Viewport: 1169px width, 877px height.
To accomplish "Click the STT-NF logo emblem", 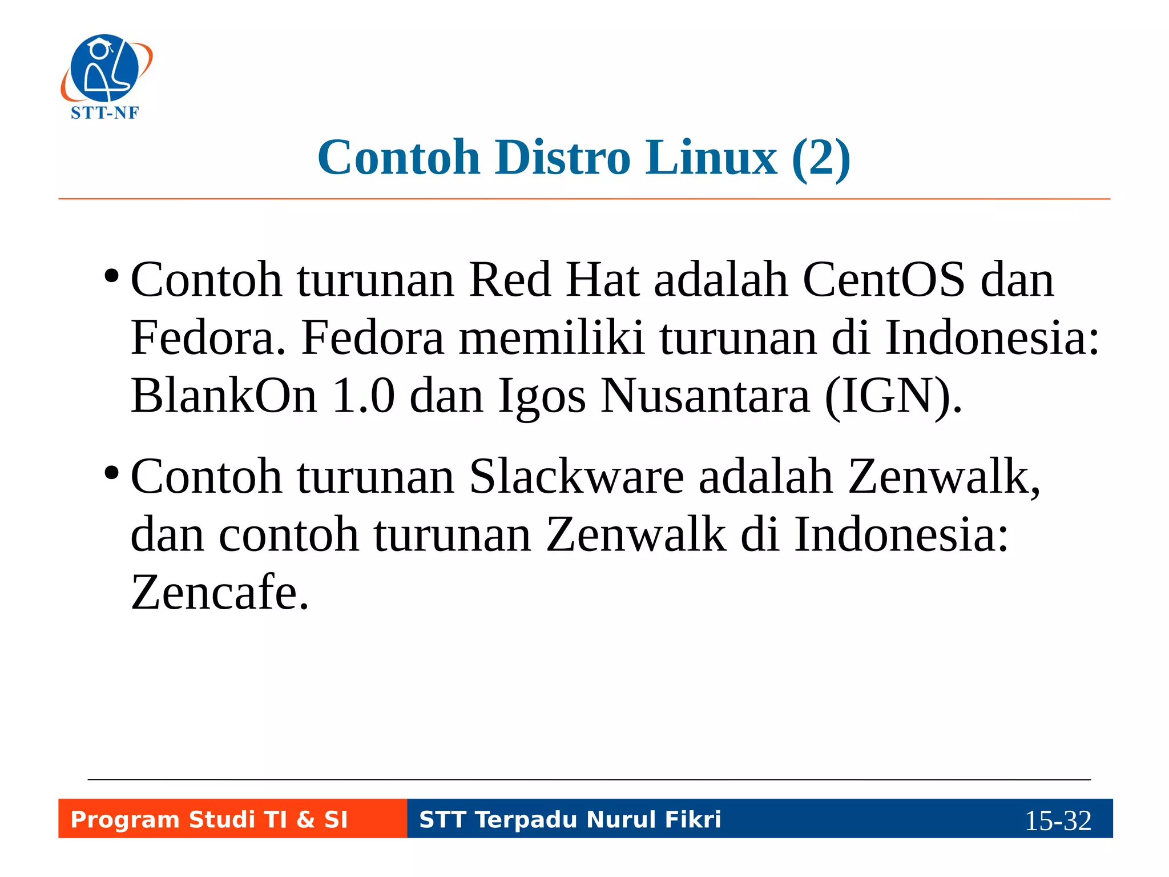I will tap(106, 69).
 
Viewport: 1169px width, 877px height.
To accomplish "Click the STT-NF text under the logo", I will tap(105, 113).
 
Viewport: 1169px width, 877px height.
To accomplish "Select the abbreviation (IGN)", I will tap(893, 396).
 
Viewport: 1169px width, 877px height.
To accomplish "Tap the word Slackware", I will tap(577, 477).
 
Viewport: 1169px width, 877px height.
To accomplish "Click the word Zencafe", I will tap(220, 592).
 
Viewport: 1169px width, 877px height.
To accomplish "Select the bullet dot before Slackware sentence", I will tap(112, 473).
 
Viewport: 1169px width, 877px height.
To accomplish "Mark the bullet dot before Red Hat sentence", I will tap(112, 276).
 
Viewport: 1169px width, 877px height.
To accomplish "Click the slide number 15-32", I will tap(1058, 820).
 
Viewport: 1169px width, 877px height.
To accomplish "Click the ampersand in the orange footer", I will tap(306, 820).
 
